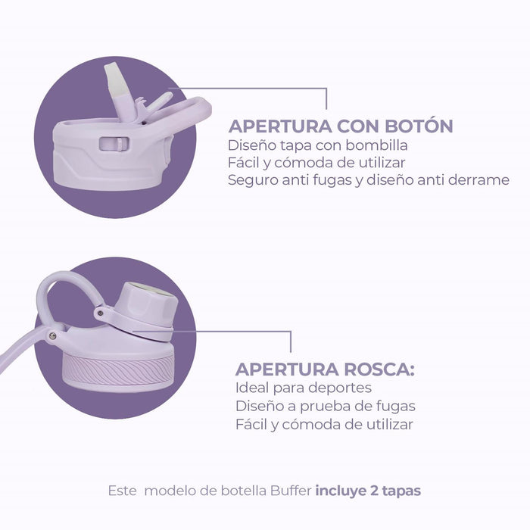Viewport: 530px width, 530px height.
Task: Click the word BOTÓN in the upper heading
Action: pos(419,126)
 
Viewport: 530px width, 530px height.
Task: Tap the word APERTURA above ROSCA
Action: pos(287,369)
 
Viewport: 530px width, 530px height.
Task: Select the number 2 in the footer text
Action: pos(374,491)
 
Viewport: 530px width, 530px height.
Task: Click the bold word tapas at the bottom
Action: pos(401,491)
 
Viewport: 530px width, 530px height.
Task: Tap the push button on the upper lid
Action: pos(114,144)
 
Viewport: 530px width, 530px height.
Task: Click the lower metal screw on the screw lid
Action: pos(52,335)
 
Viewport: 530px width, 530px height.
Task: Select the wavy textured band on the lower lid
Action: pos(118,370)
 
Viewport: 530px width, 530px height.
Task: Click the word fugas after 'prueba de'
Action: pos(394,407)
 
